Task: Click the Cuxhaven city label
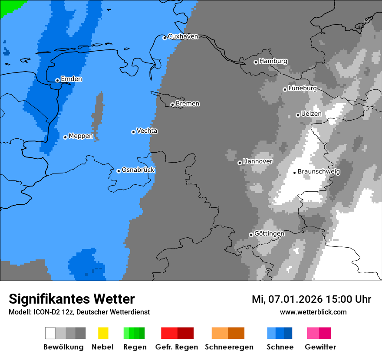183,36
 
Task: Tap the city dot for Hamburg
256,62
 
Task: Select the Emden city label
71,79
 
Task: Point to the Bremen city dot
172,105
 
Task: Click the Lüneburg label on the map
303,88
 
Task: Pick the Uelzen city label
311,114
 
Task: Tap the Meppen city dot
65,137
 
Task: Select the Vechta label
147,131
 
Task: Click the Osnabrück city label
138,170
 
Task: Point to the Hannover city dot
240,163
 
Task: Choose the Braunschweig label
319,171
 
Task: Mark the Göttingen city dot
251,235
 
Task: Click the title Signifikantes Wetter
72,299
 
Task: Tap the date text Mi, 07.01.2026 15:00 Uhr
311,299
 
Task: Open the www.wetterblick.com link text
313,312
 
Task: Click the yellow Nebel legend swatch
103,333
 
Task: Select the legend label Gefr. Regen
177,347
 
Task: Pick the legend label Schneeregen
229,347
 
